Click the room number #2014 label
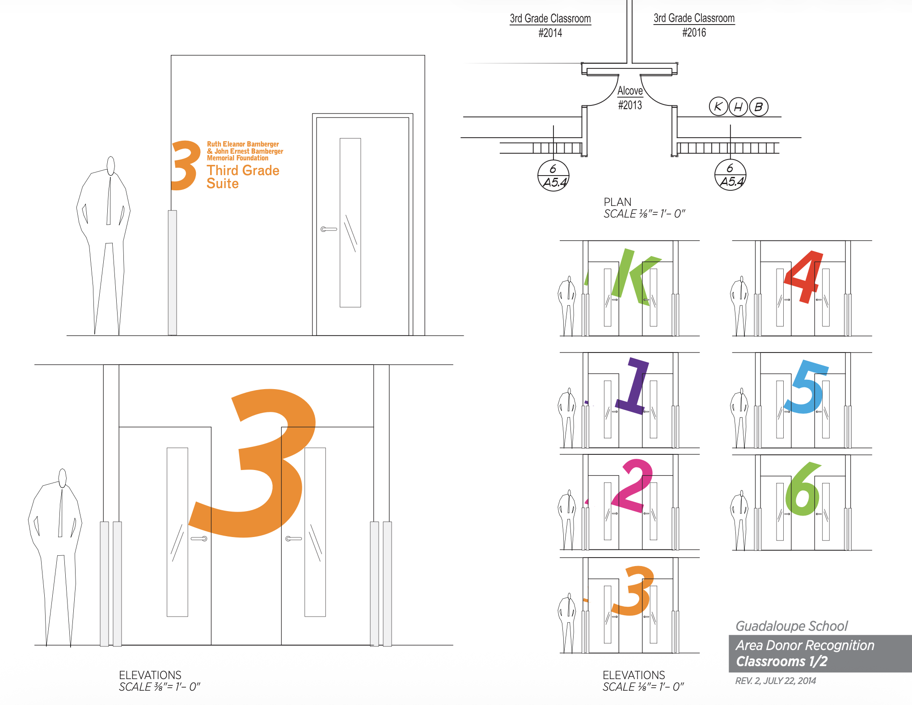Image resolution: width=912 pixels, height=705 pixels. click(550, 33)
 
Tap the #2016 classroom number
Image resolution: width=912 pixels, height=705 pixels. click(694, 32)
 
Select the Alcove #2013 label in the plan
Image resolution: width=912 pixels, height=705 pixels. click(630, 98)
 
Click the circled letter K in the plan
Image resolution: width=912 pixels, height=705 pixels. click(718, 106)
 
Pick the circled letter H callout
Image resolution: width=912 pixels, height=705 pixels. click(739, 107)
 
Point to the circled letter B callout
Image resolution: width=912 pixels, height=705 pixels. click(759, 107)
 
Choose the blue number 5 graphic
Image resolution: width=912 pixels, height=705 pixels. click(805, 387)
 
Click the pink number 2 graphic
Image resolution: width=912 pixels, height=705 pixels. click(631, 486)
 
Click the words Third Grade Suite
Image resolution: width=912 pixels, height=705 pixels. click(243, 177)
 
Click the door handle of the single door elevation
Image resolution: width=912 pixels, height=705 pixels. click(329, 229)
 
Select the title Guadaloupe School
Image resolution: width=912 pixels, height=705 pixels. click(791, 626)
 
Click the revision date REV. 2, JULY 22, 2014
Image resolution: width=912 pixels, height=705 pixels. click(775, 681)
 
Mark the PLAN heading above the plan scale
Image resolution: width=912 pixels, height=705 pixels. click(617, 202)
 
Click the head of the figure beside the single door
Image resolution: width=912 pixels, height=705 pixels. click(111, 165)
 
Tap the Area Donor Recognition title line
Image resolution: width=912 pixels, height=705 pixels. click(805, 645)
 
